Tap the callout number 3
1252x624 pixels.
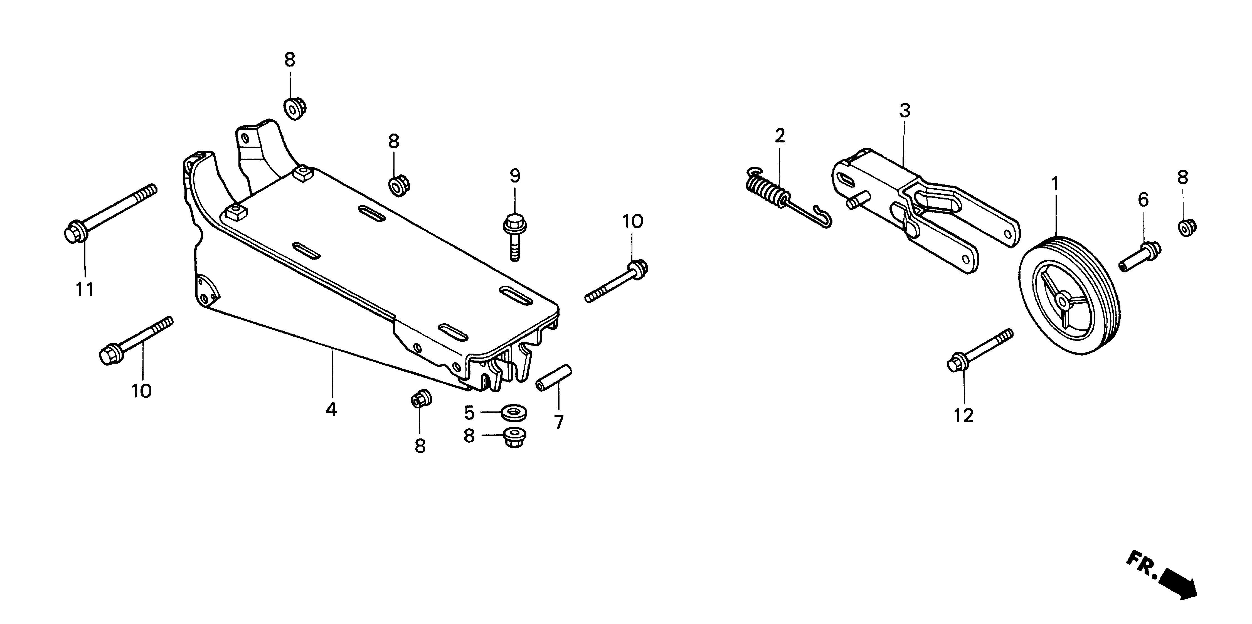click(x=904, y=111)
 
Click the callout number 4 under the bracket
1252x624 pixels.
click(x=331, y=410)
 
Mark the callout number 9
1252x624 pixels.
click(x=515, y=176)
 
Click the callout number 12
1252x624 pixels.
click(x=963, y=416)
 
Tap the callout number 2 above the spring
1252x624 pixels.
click(x=780, y=136)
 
